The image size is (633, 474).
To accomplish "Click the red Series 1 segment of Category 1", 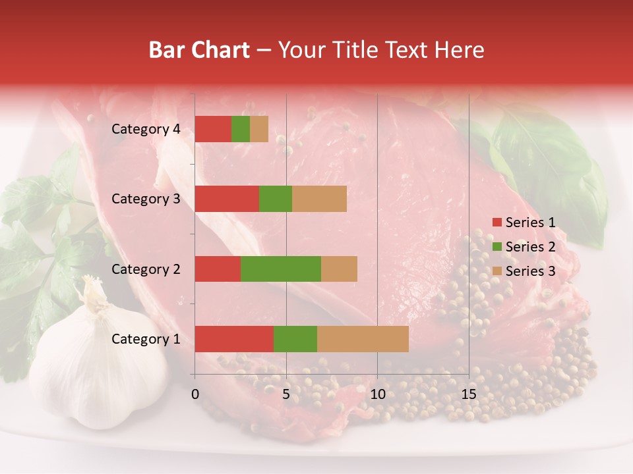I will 234,339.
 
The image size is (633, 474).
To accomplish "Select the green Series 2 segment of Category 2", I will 281,269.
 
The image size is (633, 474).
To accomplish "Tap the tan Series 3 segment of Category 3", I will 319,199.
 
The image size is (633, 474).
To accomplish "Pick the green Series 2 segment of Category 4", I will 241,129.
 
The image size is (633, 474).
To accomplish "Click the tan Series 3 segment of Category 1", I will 363,339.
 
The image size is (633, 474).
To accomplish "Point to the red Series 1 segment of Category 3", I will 227,199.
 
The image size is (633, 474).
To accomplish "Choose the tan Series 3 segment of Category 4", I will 259,129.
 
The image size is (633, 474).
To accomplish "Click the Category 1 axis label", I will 146,339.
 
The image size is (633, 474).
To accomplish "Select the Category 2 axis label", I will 146,269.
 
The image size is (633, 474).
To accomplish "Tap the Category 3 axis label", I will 146,199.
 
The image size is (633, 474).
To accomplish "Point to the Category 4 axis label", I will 146,129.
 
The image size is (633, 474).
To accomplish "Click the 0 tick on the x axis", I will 195,394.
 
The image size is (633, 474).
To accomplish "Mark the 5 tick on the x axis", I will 286,394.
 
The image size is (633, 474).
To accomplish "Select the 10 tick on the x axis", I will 377,394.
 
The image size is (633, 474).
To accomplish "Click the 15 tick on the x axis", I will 469,394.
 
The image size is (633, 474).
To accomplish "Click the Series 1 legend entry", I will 524,223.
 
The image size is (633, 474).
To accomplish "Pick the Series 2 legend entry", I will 524,247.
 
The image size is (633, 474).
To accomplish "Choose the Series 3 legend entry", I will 524,271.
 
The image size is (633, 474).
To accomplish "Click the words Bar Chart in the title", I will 199,50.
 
